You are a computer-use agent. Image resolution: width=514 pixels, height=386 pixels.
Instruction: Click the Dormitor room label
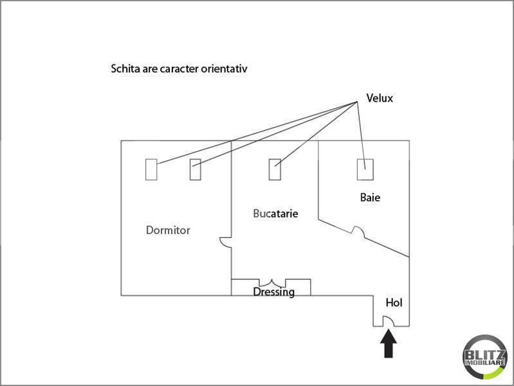[x=168, y=230]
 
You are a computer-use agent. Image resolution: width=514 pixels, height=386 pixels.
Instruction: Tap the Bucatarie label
[x=276, y=214]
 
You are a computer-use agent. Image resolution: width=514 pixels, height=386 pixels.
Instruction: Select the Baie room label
[x=370, y=198]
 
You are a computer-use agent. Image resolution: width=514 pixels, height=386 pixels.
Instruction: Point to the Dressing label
[x=273, y=292]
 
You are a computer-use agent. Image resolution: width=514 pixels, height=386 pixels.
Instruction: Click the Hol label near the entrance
[x=394, y=303]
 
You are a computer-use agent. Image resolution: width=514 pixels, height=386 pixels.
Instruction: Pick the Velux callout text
[x=380, y=98]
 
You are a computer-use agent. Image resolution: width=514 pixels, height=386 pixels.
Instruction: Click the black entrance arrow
[x=389, y=344]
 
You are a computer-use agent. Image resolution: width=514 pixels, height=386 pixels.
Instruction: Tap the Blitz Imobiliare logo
[x=484, y=358]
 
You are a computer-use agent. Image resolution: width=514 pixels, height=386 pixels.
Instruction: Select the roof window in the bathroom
[x=365, y=170]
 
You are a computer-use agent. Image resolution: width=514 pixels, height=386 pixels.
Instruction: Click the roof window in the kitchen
[x=275, y=170]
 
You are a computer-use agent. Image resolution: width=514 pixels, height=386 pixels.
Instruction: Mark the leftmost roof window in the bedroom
[x=151, y=170]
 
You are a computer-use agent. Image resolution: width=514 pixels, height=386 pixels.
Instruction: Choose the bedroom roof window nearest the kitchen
[x=196, y=170]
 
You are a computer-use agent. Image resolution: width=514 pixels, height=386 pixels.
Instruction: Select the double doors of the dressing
[x=272, y=282]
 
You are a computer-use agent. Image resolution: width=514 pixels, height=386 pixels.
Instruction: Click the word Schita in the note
[x=125, y=69]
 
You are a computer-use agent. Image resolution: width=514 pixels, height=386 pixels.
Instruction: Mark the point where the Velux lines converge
[x=357, y=102]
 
